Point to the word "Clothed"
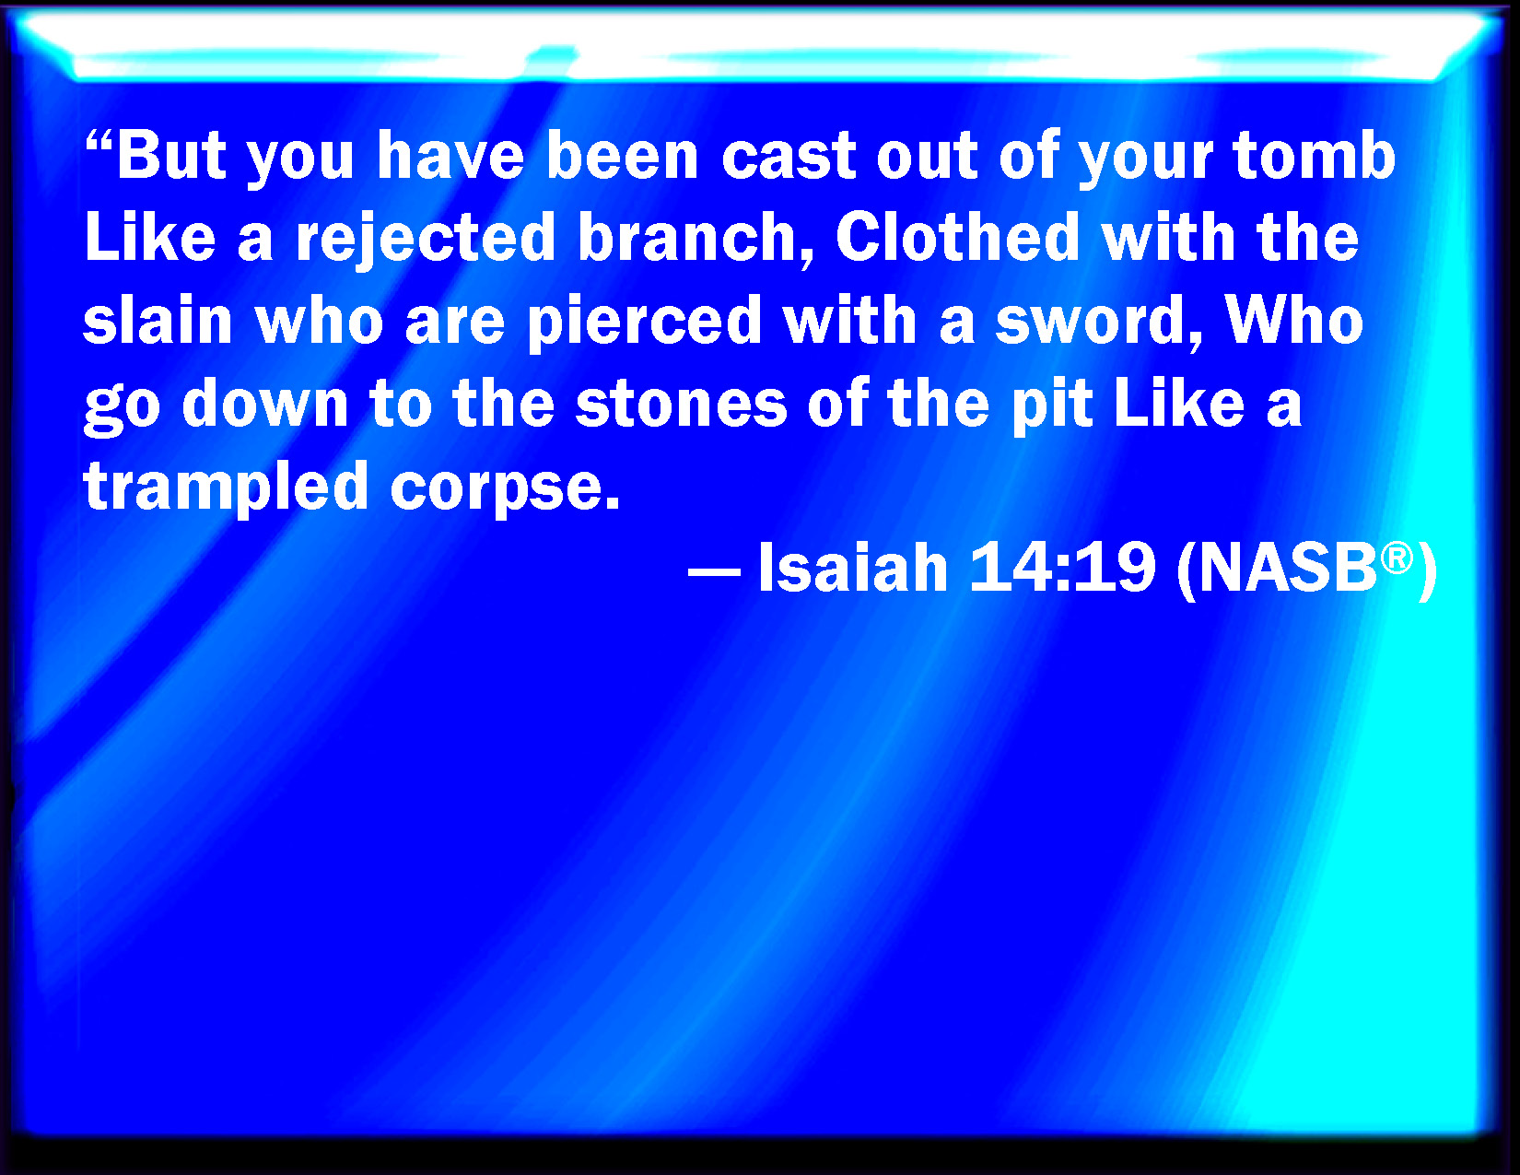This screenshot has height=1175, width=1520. pyautogui.click(x=958, y=238)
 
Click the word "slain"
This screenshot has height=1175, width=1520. pyautogui.click(x=158, y=321)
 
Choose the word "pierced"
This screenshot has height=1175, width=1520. pyautogui.click(x=644, y=322)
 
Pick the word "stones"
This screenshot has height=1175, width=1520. pyautogui.click(x=682, y=404)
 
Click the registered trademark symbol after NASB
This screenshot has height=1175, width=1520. pyautogui.click(x=1397, y=557)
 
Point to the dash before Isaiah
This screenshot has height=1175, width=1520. pyautogui.click(x=714, y=572)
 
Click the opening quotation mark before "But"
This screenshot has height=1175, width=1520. pyautogui.click(x=99, y=142)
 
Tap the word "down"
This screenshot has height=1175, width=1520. pyautogui.click(x=265, y=404)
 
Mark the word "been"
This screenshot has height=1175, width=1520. pyautogui.click(x=623, y=156)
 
